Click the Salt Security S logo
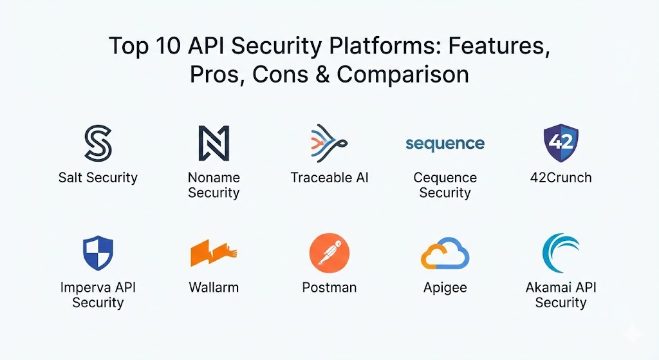pyautogui.click(x=98, y=143)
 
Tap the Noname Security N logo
pyautogui.click(x=214, y=143)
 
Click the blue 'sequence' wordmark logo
pyautogui.click(x=445, y=143)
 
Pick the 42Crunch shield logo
pyautogui.click(x=561, y=142)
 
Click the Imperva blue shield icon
pyautogui.click(x=98, y=253)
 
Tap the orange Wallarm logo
pyautogui.click(x=214, y=253)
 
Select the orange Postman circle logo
pyautogui.click(x=329, y=253)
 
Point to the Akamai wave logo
pyautogui.click(x=561, y=253)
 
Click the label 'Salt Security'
pyautogui.click(x=98, y=178)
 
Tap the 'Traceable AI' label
pyautogui.click(x=329, y=178)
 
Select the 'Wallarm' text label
pyautogui.click(x=214, y=287)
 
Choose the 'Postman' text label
pyautogui.click(x=329, y=287)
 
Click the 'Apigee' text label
pyautogui.click(x=445, y=287)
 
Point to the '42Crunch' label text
pyautogui.click(x=561, y=178)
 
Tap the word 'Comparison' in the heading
pyautogui.click(x=403, y=75)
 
